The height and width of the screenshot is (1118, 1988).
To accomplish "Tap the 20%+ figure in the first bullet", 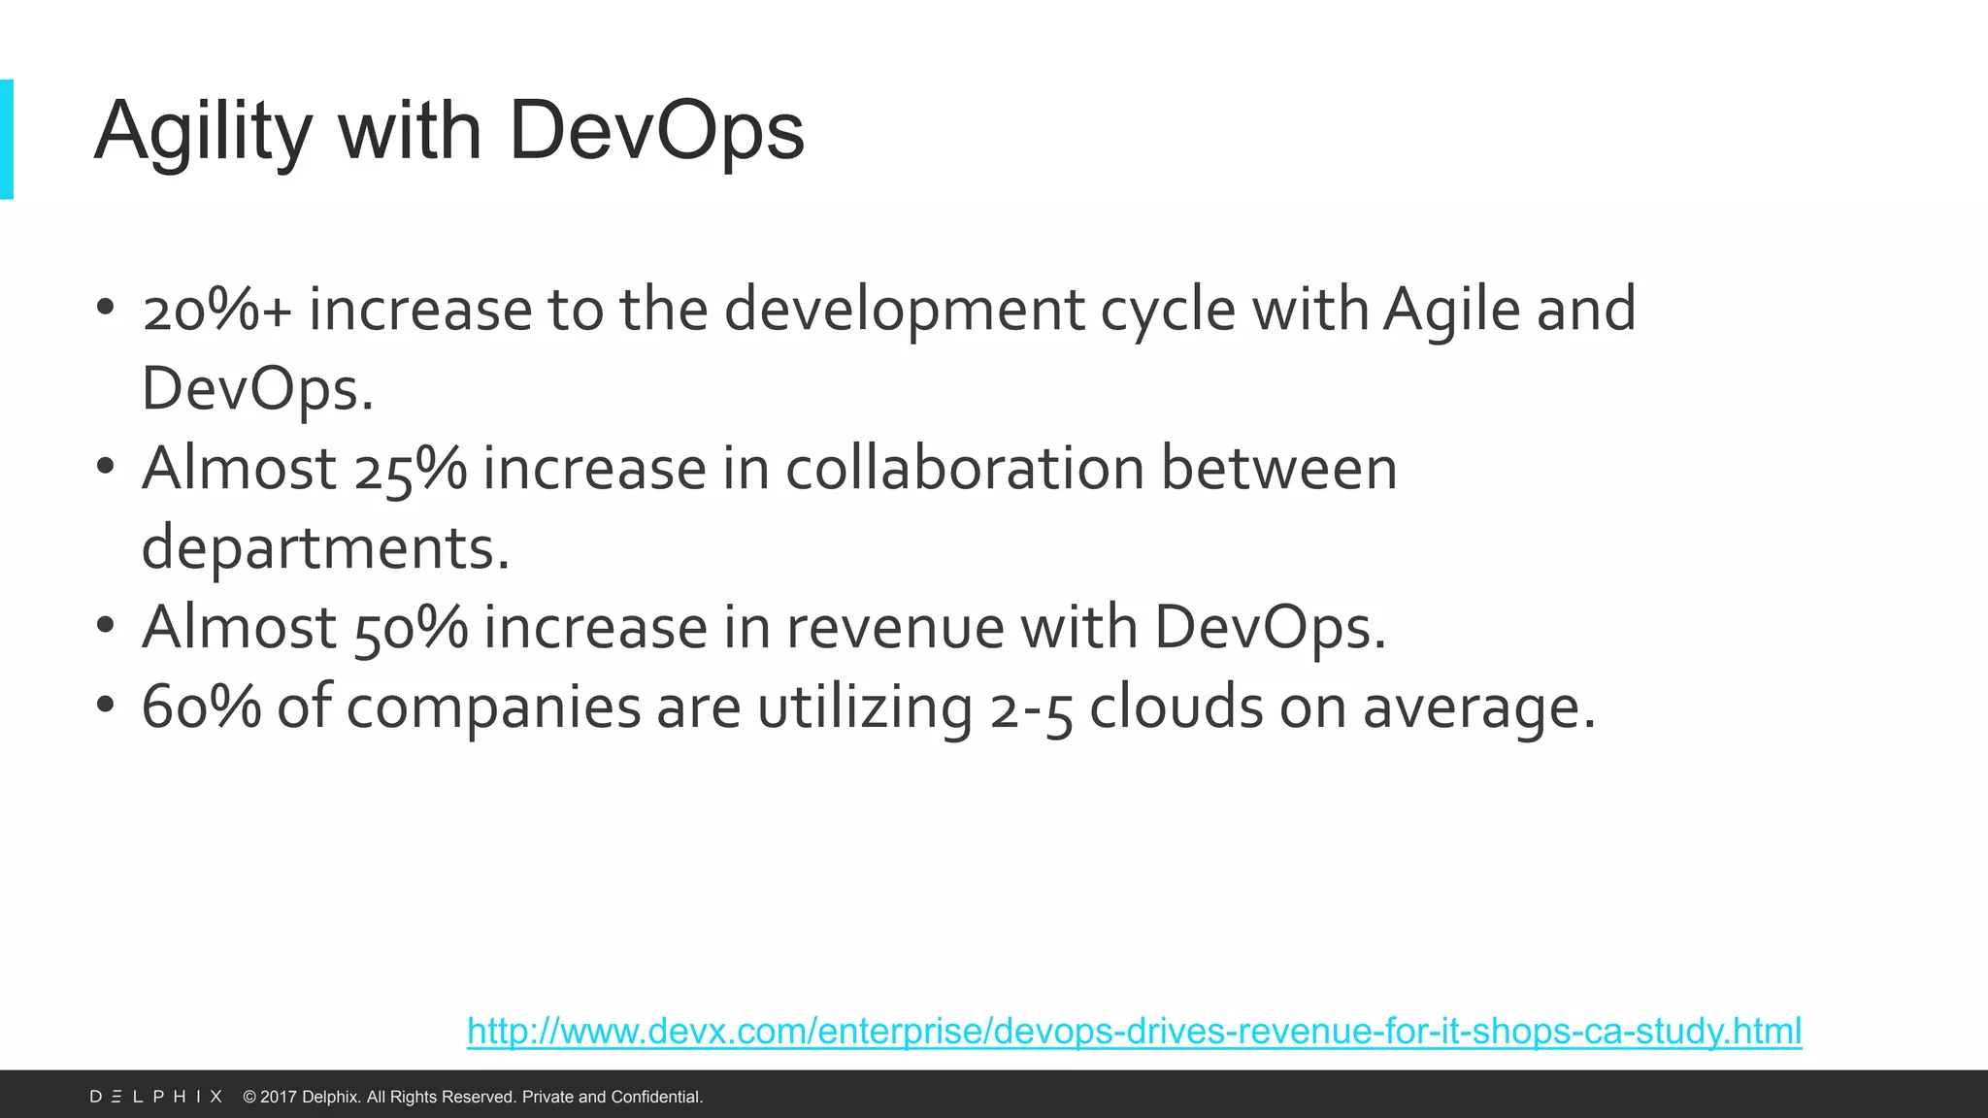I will (x=216, y=310).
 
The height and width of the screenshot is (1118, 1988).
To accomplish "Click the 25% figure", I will (x=411, y=469).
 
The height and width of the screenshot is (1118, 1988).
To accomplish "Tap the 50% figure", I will (x=411, y=628).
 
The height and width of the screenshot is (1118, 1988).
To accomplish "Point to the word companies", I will (x=493, y=707).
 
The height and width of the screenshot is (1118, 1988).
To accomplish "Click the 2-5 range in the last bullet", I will (x=1031, y=707).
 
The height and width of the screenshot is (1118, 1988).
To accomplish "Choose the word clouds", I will (x=1176, y=707).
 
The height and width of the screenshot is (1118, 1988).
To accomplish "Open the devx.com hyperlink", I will (x=1134, y=1031).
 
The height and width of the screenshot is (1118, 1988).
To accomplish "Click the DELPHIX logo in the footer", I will (x=156, y=1097).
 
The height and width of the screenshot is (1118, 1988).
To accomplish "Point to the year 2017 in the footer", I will (x=279, y=1097).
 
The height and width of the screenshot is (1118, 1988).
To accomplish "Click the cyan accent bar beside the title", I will (x=7, y=139).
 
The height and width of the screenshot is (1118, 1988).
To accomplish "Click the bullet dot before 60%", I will (x=106, y=705).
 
